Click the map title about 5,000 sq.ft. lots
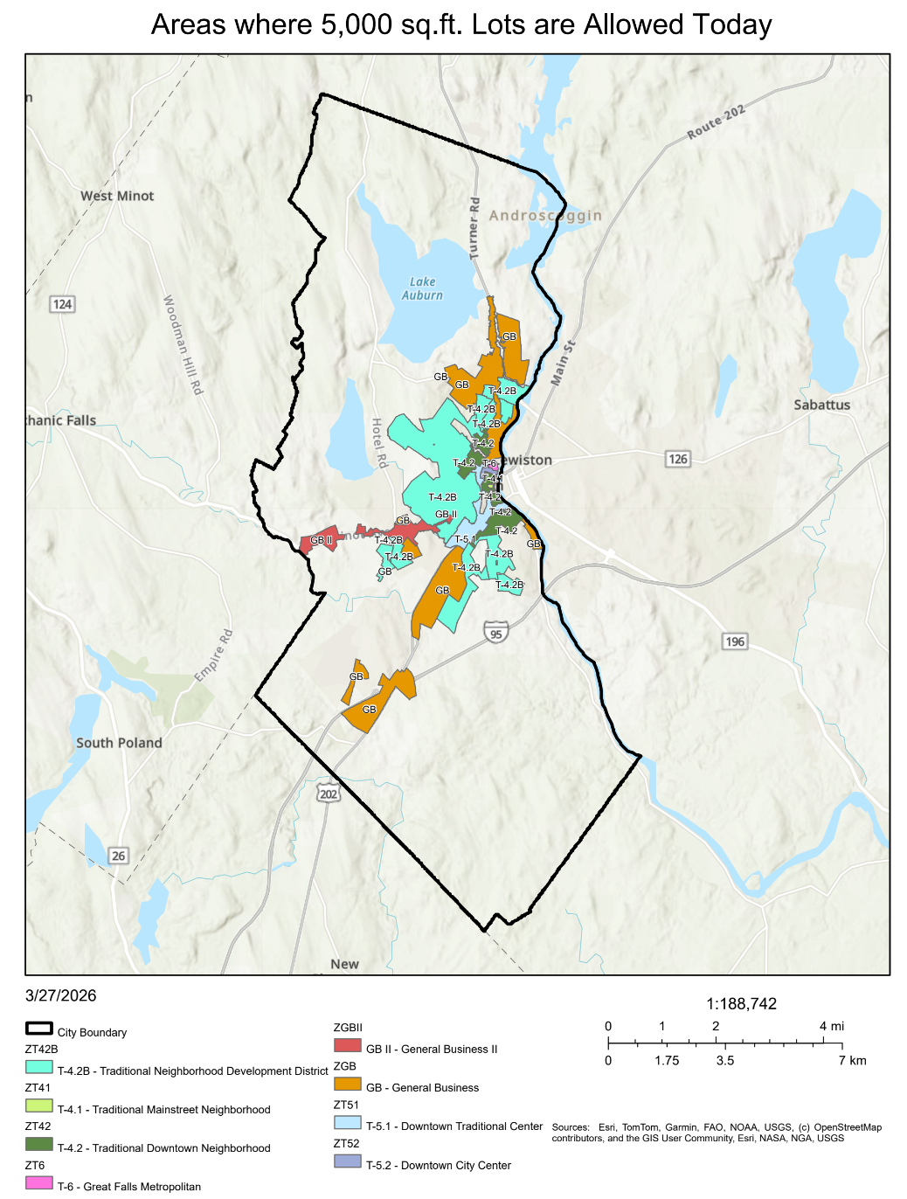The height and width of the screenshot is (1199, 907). [461, 24]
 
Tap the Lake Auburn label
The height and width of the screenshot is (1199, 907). [422, 288]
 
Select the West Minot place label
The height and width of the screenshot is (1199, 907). [117, 196]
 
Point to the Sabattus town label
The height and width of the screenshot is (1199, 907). [821, 405]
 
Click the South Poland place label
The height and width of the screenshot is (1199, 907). [119, 743]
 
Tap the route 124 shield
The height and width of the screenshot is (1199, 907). [62, 304]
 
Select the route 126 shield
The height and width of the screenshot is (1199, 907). [678, 459]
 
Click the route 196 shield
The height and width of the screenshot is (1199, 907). [735, 641]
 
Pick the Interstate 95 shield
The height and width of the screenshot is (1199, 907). [496, 634]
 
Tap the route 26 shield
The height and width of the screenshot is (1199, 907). [119, 856]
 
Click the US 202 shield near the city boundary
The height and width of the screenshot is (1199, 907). [329, 794]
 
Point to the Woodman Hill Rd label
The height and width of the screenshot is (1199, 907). [183, 344]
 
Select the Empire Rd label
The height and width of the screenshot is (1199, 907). [213, 655]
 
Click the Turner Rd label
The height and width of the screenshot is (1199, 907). [474, 228]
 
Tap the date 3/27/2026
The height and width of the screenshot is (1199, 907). [61, 995]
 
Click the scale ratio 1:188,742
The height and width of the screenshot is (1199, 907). [741, 1004]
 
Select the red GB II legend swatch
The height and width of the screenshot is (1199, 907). [347, 1045]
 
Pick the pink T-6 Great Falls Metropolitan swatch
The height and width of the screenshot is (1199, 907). [39, 1182]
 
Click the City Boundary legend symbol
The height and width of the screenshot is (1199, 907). [39, 1029]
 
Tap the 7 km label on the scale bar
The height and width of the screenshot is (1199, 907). [852, 1060]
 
